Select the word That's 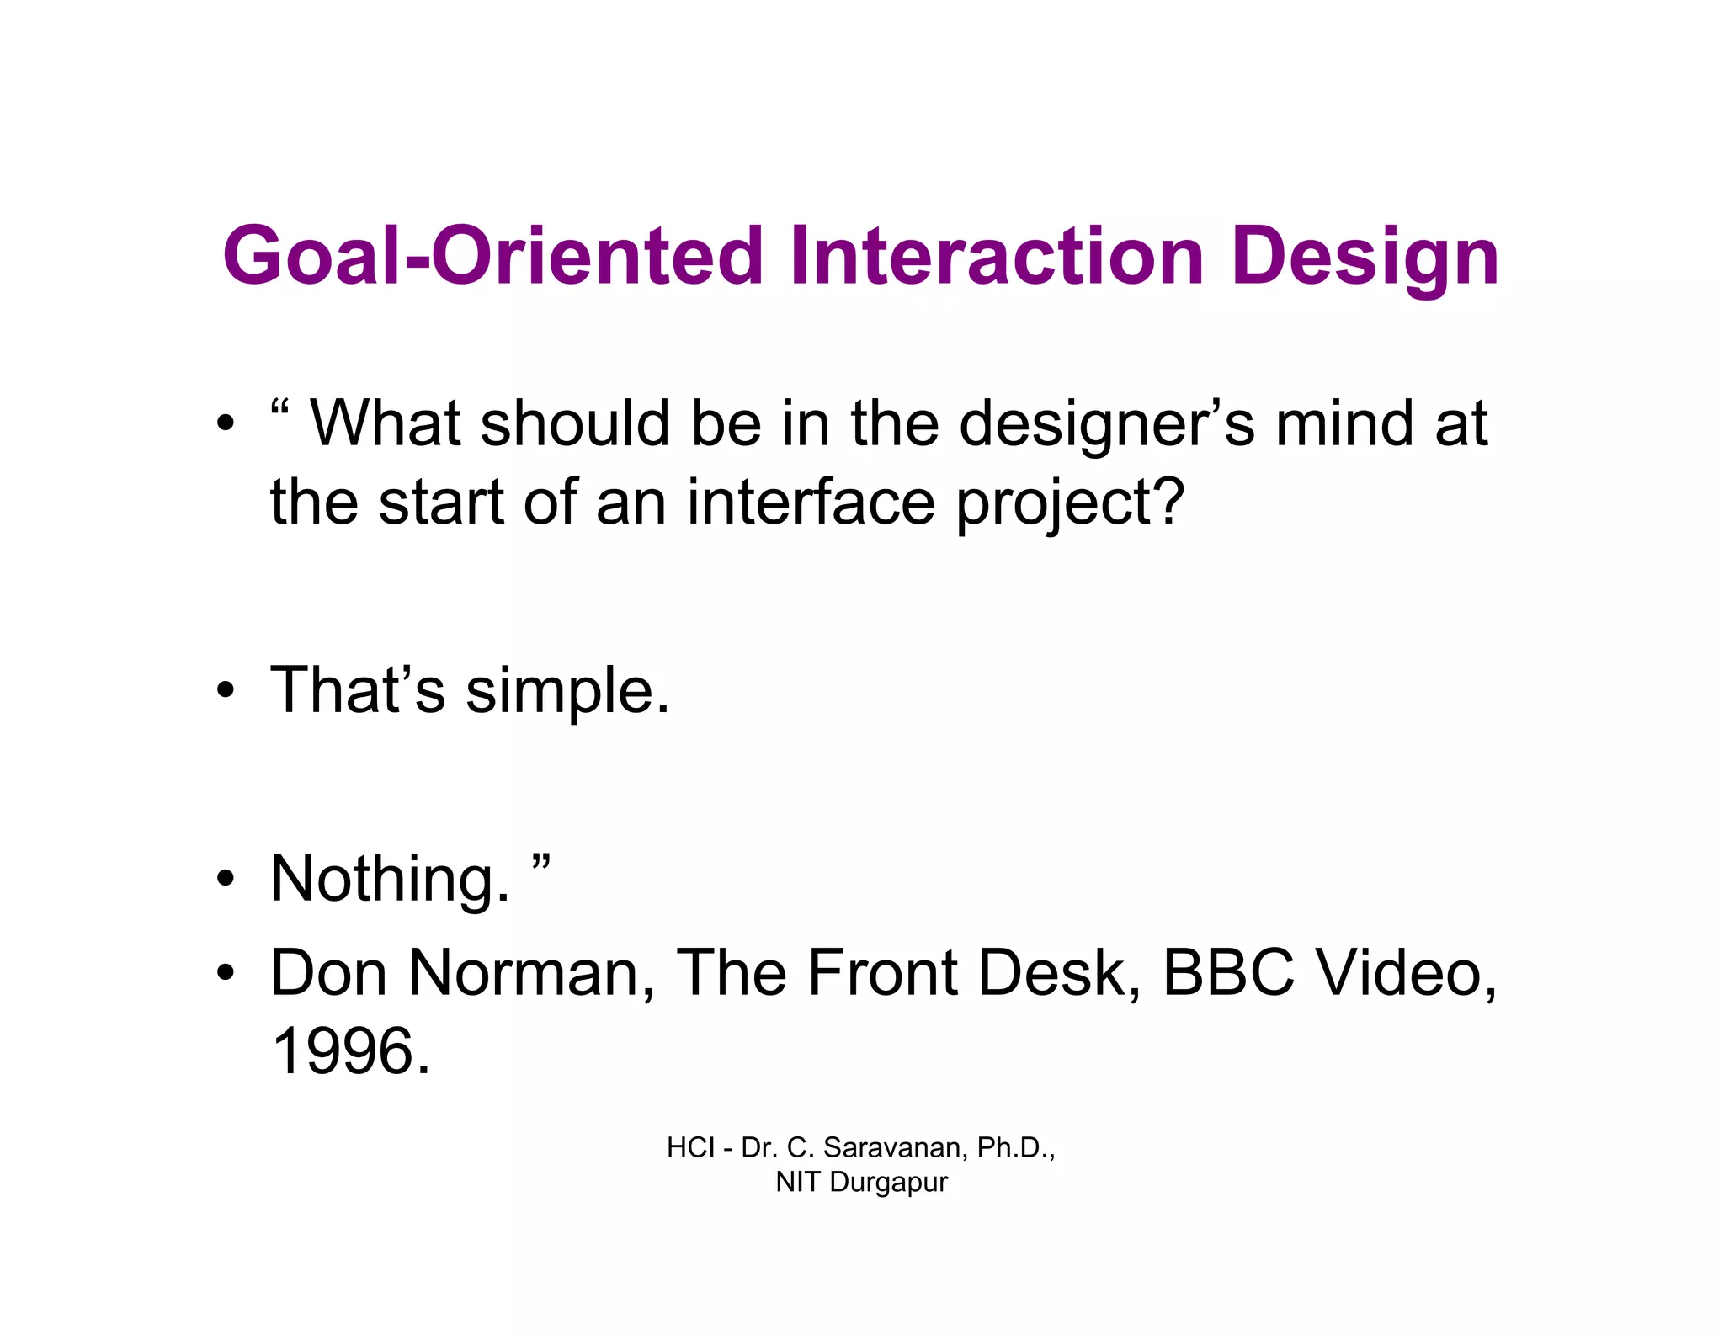(x=357, y=690)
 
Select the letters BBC (x=1228, y=973)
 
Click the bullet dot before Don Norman (x=224, y=975)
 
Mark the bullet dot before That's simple (x=224, y=692)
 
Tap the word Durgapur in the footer (x=888, y=1182)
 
